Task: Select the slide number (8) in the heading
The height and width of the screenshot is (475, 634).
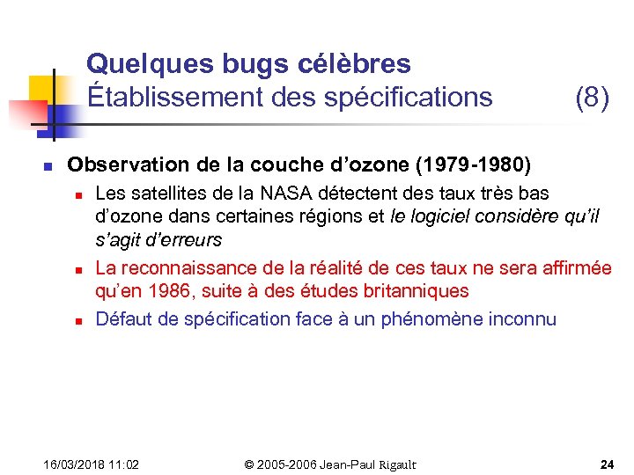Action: point(592,97)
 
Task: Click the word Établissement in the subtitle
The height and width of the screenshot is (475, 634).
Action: point(171,97)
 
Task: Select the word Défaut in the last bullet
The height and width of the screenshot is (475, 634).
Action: point(122,318)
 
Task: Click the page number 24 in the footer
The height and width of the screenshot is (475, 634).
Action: point(607,464)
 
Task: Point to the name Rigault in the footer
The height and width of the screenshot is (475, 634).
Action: point(394,464)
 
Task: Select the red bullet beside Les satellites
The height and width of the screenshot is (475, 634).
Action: point(77,194)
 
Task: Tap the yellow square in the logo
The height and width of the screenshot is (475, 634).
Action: point(42,89)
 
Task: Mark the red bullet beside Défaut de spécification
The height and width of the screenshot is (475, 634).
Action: point(77,319)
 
